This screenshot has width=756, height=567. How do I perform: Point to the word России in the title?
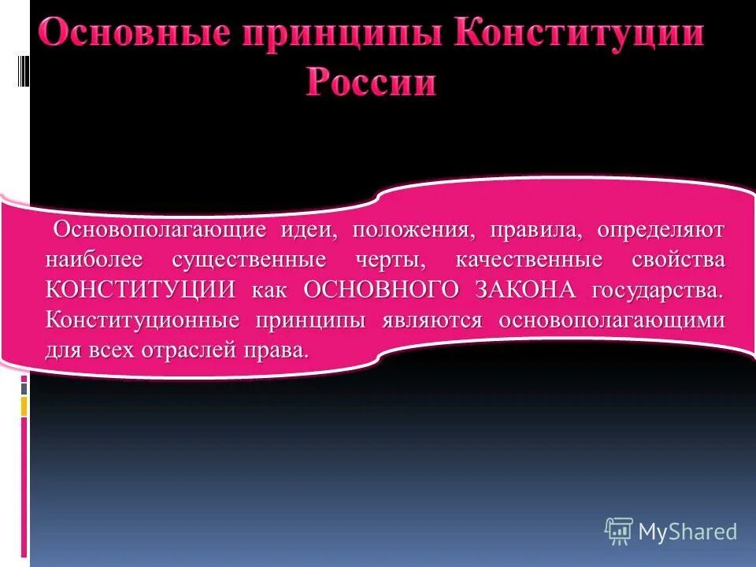pyautogui.click(x=370, y=82)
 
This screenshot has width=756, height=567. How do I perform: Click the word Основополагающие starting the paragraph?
pyautogui.click(x=158, y=232)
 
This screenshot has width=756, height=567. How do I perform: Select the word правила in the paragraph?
pyautogui.click(x=535, y=232)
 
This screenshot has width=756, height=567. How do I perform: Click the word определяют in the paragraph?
pyautogui.click(x=661, y=232)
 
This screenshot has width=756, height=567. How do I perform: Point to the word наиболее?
pyautogui.click(x=97, y=261)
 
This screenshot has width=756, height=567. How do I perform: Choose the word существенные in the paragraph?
pyautogui.click(x=250, y=261)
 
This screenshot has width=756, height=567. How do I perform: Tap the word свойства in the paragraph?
pyautogui.click(x=678, y=261)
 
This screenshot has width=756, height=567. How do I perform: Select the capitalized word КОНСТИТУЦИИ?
pyautogui.click(x=141, y=290)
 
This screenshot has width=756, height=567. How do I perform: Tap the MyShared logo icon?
pyautogui.click(x=619, y=531)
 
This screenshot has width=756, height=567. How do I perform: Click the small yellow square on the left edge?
pyautogui.click(x=24, y=406)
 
